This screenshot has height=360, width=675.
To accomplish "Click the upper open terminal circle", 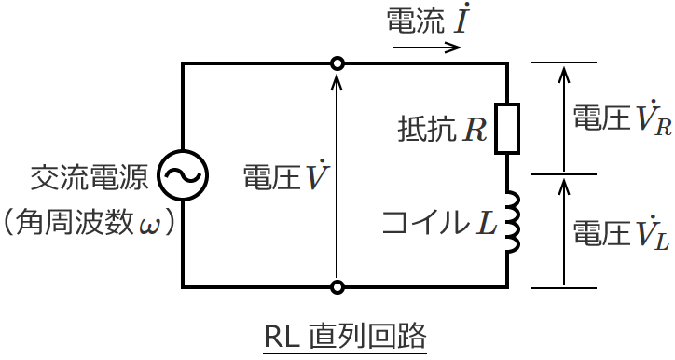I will (x=337, y=63).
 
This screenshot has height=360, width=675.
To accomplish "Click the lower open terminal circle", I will (x=337, y=286).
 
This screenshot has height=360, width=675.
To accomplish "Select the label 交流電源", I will (x=90, y=176).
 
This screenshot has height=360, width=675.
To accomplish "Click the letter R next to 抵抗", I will (x=475, y=128).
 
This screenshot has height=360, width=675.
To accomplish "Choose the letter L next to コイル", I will (x=485, y=223).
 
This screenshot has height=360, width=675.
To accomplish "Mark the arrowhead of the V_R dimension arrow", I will (x=562, y=70).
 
